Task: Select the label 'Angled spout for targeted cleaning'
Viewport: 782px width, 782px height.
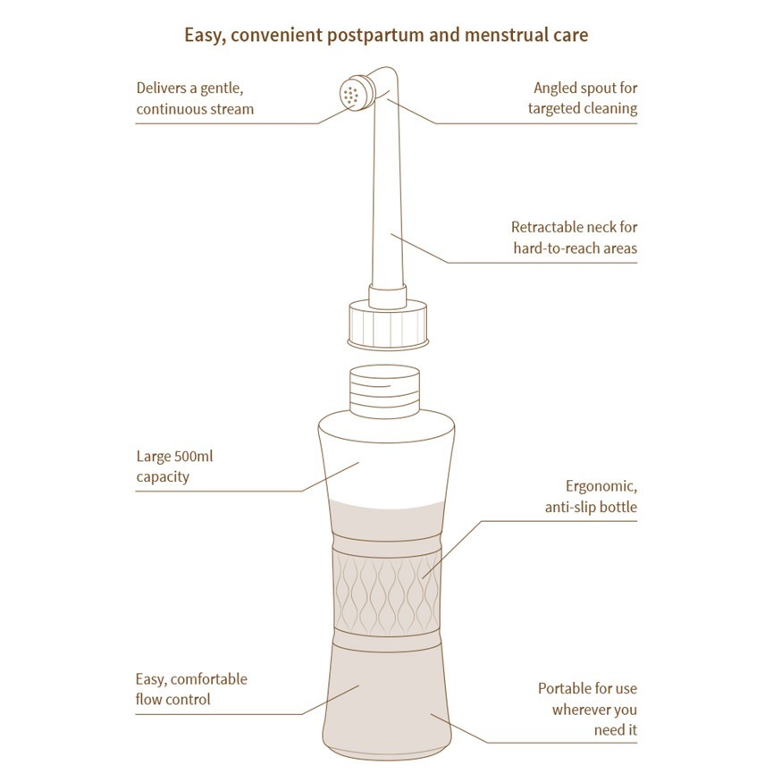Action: [x=584, y=98]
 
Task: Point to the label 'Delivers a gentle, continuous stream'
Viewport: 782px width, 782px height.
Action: [x=195, y=98]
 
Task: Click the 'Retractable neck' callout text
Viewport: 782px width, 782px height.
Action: [x=574, y=238]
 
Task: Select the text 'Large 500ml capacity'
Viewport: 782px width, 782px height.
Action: [x=175, y=467]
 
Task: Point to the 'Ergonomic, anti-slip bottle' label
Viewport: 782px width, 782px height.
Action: [x=591, y=497]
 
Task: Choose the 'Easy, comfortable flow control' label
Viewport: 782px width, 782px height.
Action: [x=191, y=689]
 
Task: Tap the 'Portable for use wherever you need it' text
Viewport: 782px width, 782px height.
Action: [x=587, y=710]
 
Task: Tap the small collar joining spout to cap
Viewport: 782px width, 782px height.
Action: [x=387, y=296]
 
